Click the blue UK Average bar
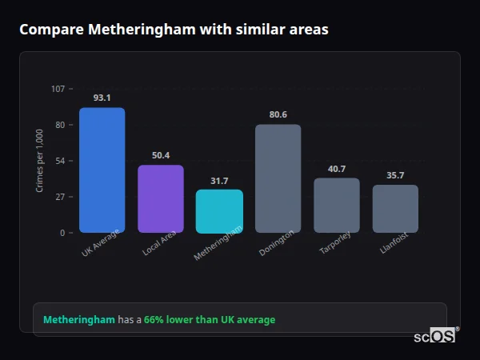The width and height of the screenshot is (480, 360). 102,170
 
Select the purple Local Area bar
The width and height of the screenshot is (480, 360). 161,198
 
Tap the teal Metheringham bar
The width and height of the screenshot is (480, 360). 219,211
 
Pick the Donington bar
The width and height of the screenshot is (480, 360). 278,178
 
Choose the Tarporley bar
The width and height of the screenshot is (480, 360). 336,205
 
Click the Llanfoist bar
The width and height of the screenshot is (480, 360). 395,209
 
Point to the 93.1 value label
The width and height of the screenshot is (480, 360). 102,98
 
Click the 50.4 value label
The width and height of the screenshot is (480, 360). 161,155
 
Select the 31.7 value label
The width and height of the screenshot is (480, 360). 219,180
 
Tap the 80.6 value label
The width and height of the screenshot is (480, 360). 278,114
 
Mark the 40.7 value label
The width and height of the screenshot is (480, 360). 336,168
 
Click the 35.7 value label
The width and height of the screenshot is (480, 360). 395,175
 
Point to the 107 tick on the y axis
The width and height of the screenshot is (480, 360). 58,89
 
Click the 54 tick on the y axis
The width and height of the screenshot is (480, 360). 60,161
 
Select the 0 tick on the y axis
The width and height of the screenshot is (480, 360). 62,233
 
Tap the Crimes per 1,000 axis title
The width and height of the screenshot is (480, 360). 40,161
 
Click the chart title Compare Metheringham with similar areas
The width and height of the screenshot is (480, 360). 174,30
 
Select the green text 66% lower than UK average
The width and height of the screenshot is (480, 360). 210,320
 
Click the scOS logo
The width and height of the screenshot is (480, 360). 434,336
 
